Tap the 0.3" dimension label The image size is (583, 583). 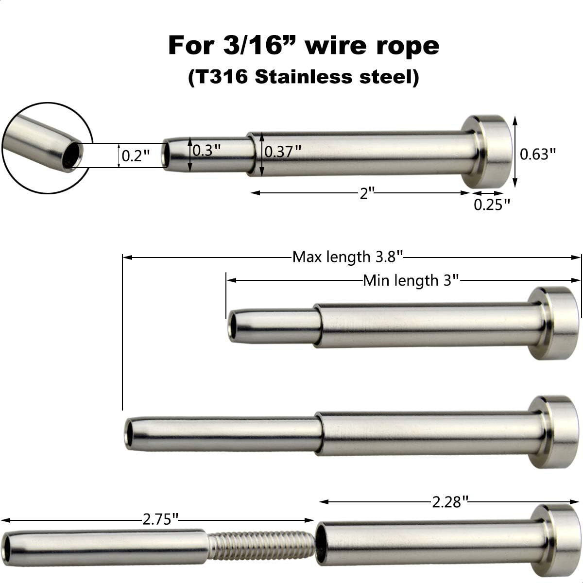click(206, 151)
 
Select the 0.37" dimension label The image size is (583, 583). click(283, 152)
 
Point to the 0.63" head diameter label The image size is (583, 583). click(537, 154)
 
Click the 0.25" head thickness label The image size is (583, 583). click(492, 205)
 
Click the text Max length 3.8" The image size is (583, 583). click(348, 256)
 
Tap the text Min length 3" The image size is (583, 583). click(411, 280)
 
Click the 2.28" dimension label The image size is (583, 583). click(450, 501)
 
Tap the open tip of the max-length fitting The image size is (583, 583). click(130, 432)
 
